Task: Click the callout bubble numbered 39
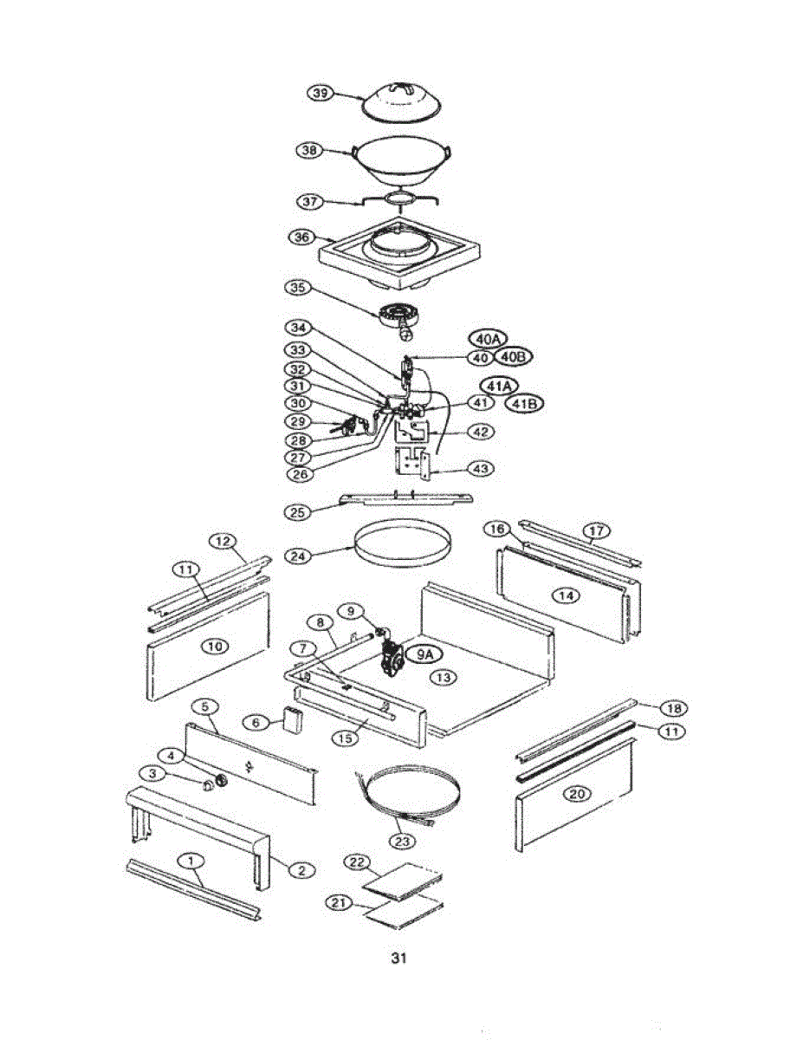(x=322, y=94)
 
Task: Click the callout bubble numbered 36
(x=301, y=237)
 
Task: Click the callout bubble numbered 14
(x=567, y=595)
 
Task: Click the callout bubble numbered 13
(x=445, y=677)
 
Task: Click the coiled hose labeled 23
(x=407, y=793)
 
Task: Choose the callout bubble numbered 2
(x=301, y=870)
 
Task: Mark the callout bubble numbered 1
(x=191, y=860)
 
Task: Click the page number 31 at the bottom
(x=398, y=959)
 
